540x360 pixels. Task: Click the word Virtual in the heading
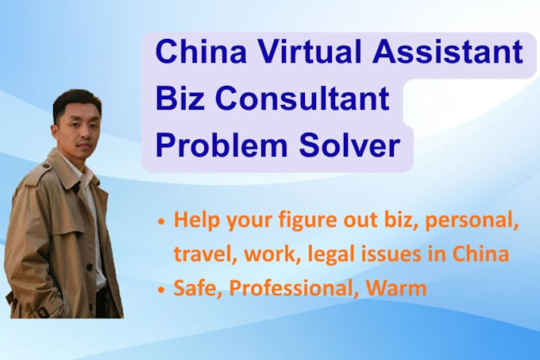(310, 52)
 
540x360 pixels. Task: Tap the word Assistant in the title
(448, 52)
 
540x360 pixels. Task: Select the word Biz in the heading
(180, 99)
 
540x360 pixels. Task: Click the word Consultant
(303, 99)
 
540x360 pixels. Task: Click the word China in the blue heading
(201, 52)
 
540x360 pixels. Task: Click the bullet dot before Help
(161, 223)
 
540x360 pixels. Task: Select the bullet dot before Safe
(161, 290)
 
